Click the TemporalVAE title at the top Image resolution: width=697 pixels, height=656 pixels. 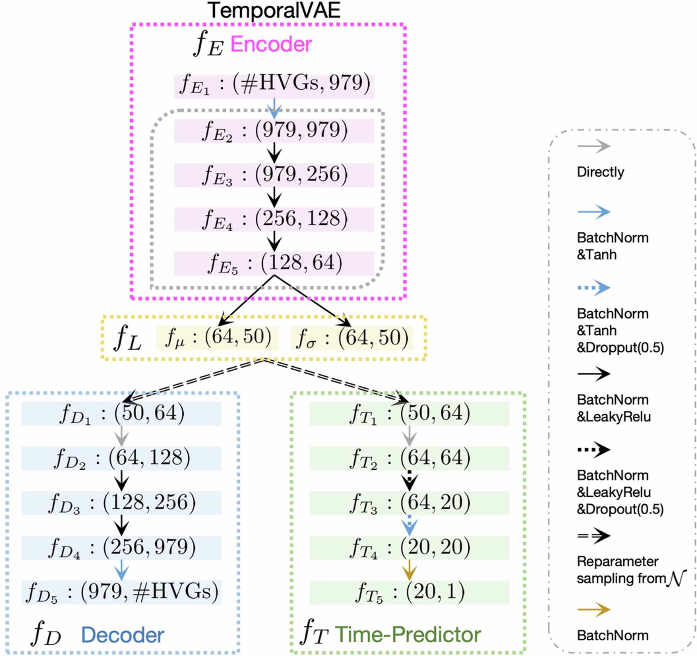[x=274, y=11]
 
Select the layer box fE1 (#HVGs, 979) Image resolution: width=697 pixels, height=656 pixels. [x=274, y=86]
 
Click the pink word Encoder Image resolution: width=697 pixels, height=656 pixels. [x=271, y=44]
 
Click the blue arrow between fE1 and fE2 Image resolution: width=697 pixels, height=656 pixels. [x=274, y=108]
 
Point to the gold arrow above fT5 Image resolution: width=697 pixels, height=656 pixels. [x=409, y=570]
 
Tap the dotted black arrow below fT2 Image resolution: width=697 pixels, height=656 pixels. [x=409, y=481]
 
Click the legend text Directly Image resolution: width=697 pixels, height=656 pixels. [x=601, y=172]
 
